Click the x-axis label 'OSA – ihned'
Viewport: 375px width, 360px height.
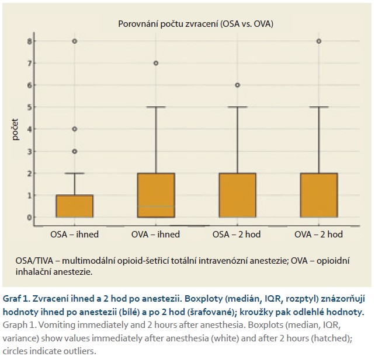pos(74,235)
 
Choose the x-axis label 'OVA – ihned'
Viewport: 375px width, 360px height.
pos(155,235)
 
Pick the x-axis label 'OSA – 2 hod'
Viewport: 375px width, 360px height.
pos(237,235)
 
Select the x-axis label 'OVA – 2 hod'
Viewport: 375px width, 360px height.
pos(318,235)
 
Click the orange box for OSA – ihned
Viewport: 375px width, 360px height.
pos(74,206)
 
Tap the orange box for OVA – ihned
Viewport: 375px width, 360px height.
pos(155,195)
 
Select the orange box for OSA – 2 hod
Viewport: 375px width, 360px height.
pos(237,195)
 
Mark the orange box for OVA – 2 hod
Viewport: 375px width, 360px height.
pos(318,195)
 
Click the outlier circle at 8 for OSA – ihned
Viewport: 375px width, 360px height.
pos(75,41)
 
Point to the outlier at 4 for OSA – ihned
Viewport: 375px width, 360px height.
pos(75,129)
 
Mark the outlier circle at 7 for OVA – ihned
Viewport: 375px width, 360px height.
pos(156,63)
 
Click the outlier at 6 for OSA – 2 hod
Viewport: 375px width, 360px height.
pos(237,85)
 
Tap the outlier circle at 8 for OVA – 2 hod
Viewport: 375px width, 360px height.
pos(318,41)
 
